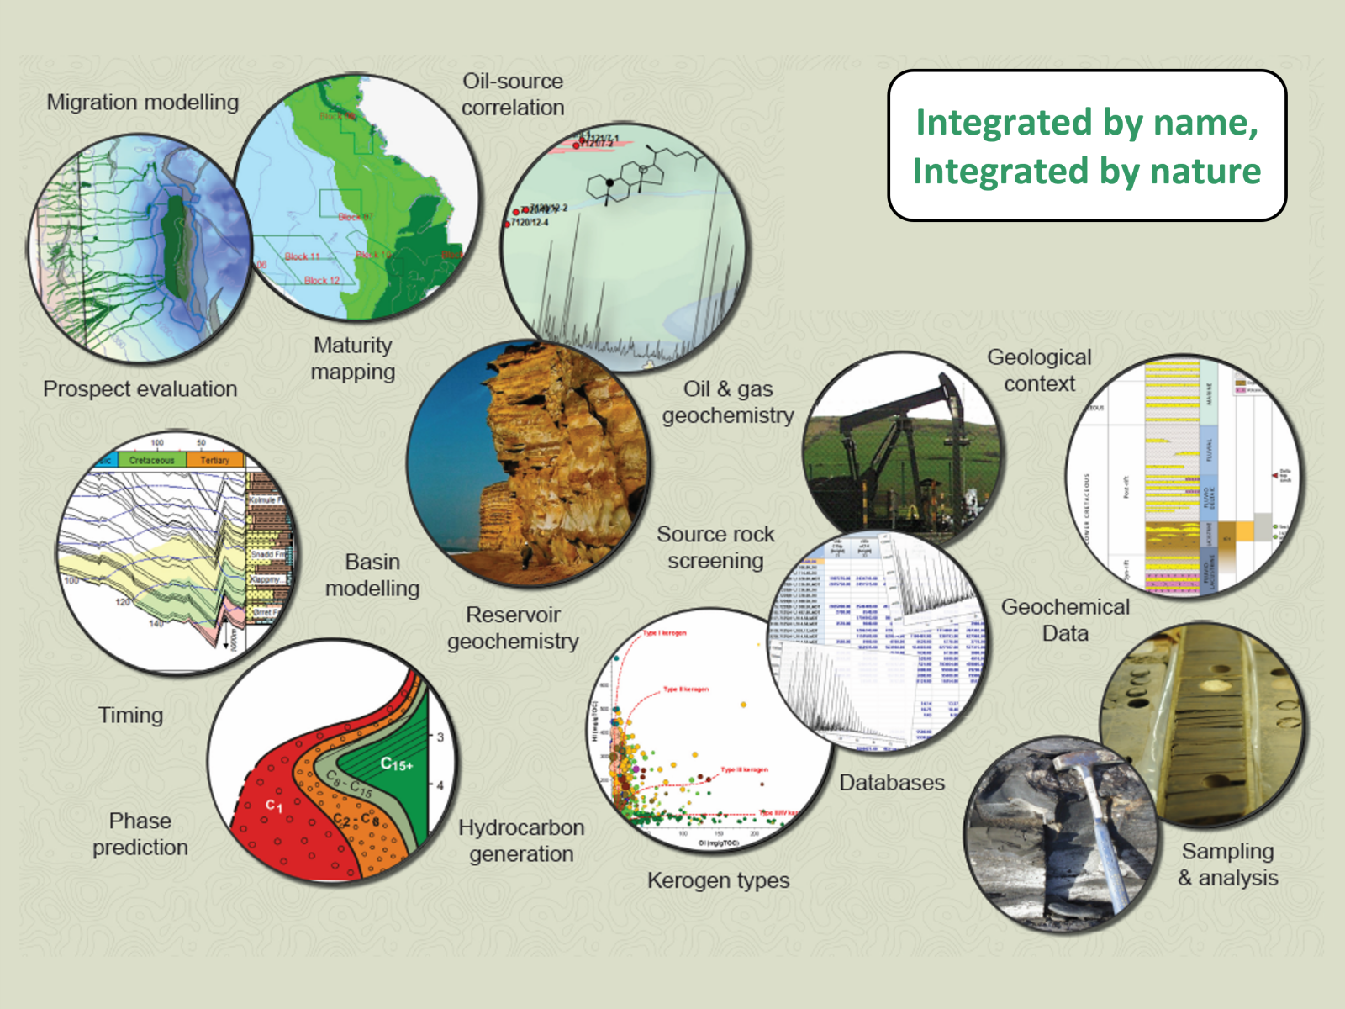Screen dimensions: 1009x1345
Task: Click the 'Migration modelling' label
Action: (142, 103)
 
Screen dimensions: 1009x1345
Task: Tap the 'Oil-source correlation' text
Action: (512, 94)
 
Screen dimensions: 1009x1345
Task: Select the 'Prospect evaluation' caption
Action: (140, 388)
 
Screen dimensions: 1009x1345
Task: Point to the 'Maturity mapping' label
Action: (352, 358)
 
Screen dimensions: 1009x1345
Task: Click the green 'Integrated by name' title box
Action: (1086, 145)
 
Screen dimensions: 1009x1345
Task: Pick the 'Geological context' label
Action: (1039, 370)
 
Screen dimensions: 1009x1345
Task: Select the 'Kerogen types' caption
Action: (718, 880)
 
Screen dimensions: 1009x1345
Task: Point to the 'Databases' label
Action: (891, 783)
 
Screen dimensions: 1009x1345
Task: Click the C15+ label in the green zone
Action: (396, 764)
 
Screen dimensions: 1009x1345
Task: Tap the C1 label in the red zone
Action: (274, 806)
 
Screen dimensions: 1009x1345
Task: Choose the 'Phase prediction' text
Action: (140, 834)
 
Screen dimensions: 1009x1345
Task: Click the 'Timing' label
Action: (130, 715)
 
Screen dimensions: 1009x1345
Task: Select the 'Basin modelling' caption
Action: (372, 575)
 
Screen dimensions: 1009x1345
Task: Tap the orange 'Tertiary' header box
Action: (214, 460)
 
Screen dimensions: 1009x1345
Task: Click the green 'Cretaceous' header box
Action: (151, 460)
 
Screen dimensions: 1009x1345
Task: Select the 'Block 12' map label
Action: (321, 280)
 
